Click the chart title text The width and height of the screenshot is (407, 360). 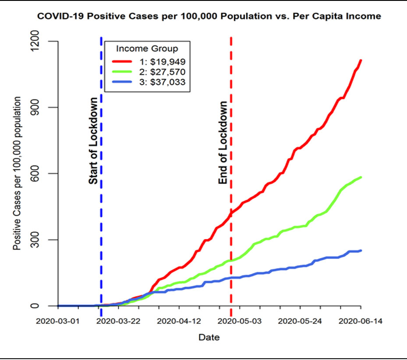click(209, 16)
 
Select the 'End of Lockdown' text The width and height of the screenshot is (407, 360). click(223, 143)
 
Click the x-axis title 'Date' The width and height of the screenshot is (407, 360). click(209, 338)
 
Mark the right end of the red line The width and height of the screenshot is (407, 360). click(361, 61)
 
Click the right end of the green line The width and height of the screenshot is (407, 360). click(361, 177)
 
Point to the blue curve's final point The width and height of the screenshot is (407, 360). click(361, 250)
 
